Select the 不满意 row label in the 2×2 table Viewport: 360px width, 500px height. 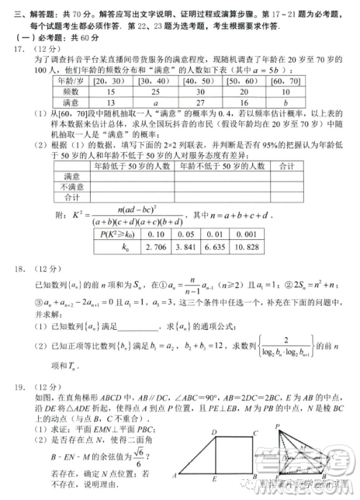pos(71,186)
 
